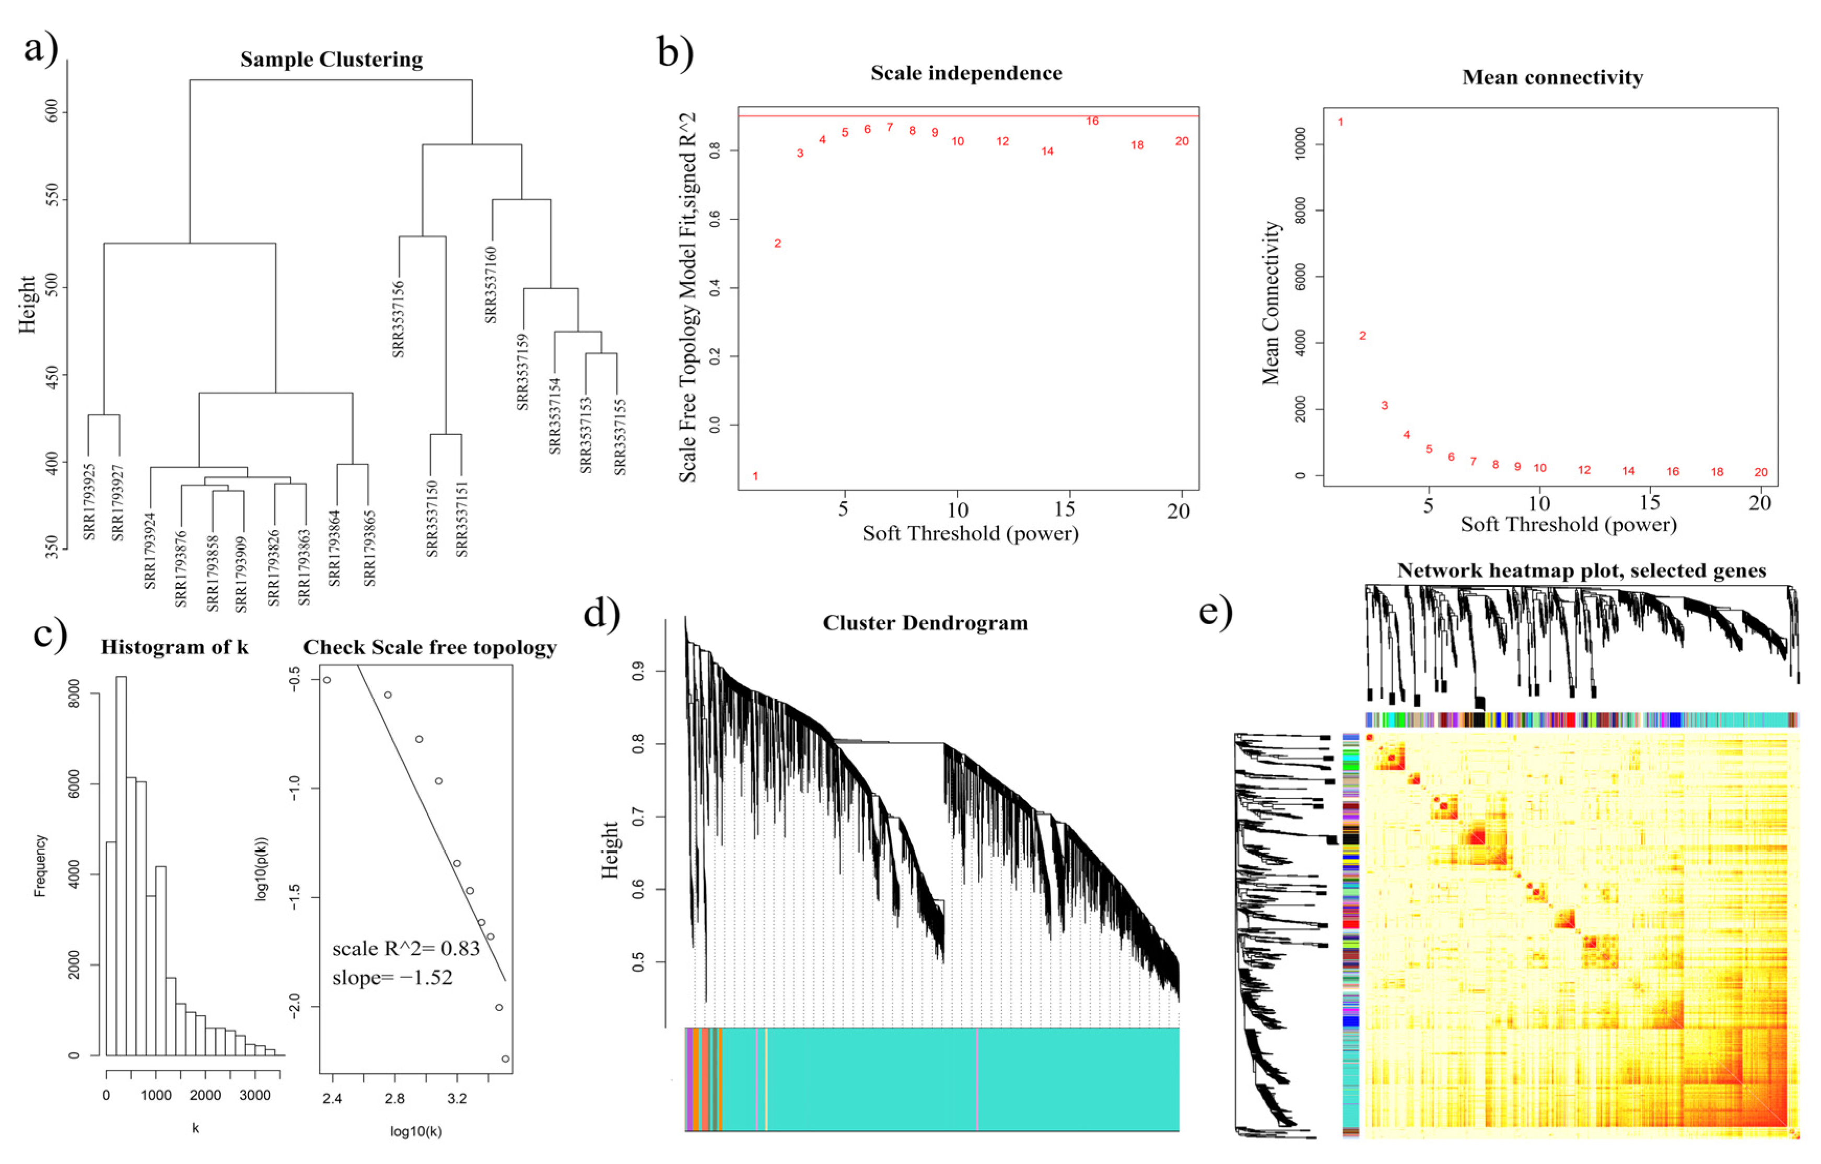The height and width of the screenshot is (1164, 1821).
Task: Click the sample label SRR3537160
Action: [x=491, y=285]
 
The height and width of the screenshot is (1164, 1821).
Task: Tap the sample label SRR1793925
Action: [x=89, y=501]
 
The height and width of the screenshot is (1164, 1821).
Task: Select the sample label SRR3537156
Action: [x=399, y=319]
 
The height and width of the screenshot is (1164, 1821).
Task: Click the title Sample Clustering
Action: [x=331, y=59]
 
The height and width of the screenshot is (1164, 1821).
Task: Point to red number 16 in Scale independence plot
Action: [x=1092, y=121]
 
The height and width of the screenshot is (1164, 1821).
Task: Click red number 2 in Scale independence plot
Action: [x=777, y=243]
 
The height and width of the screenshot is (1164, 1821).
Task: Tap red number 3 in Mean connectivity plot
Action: [x=1385, y=406]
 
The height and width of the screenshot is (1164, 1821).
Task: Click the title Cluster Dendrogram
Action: [x=925, y=623]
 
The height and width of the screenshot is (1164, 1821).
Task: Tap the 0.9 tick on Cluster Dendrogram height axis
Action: [x=637, y=671]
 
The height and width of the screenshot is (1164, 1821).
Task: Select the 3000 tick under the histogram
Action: [x=255, y=1095]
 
